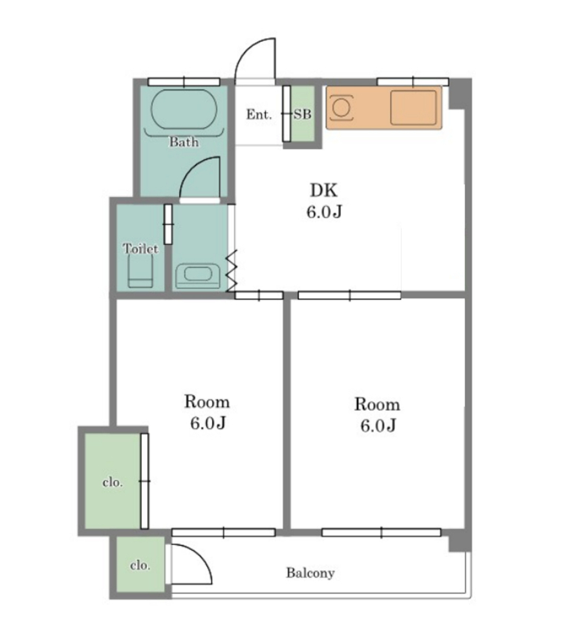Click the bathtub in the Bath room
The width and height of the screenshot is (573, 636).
(x=184, y=109)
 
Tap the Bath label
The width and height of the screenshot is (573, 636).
(x=184, y=142)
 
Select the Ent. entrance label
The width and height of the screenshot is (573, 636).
(x=259, y=114)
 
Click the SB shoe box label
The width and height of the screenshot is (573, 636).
(x=303, y=114)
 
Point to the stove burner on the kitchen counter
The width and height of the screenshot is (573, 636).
(x=341, y=108)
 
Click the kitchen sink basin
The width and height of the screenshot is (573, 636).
(x=413, y=107)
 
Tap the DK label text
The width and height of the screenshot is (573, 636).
(x=323, y=190)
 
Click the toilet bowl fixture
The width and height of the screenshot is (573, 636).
(x=140, y=271)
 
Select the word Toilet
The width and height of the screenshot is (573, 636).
(x=140, y=248)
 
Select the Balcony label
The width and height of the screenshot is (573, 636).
(x=310, y=573)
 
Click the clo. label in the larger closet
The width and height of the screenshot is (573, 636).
(x=113, y=482)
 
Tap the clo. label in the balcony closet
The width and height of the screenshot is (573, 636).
(x=140, y=565)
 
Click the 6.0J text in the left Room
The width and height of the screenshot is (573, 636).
(x=208, y=423)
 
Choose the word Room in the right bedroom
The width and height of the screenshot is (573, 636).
(x=378, y=405)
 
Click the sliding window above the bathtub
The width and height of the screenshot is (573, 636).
(x=184, y=82)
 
